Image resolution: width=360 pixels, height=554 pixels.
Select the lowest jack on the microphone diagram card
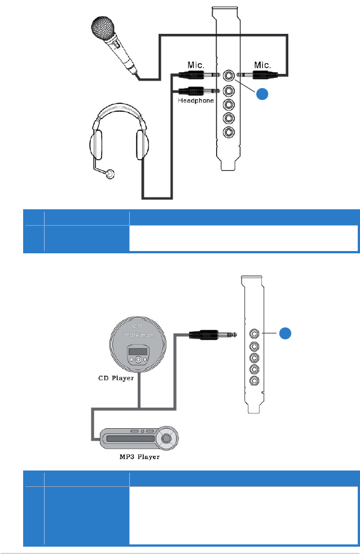(229, 132)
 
